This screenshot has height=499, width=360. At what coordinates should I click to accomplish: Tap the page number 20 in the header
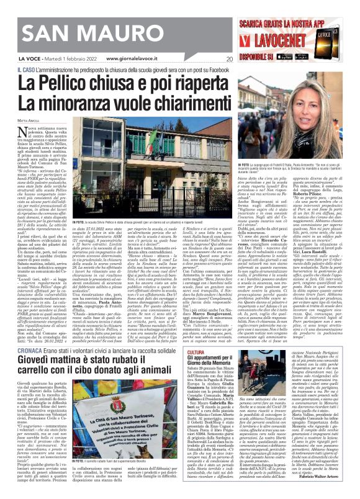pyautogui.click(x=229, y=60)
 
